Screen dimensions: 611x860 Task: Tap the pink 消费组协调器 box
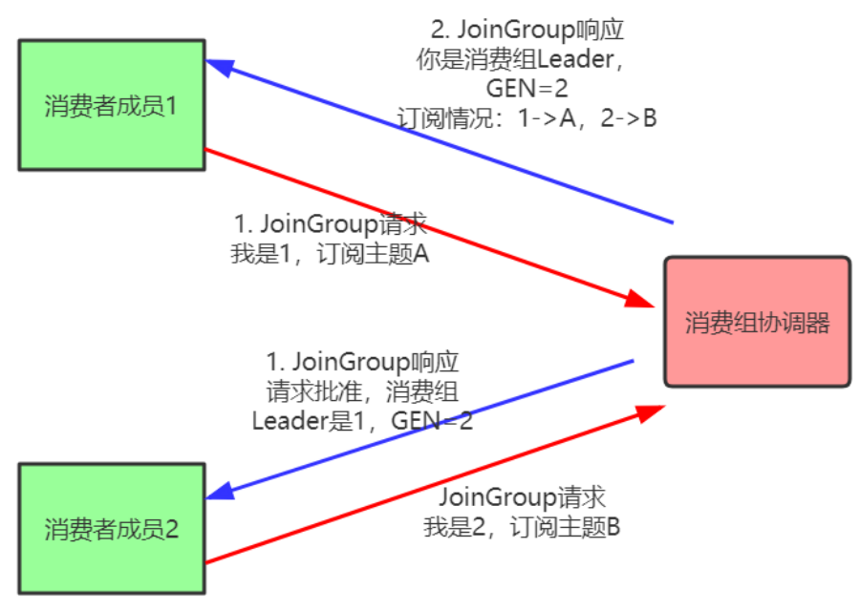(x=757, y=322)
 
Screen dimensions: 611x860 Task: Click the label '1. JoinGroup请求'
(x=331, y=226)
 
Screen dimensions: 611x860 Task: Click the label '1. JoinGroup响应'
(x=363, y=363)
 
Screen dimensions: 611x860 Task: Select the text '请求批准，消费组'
(x=363, y=391)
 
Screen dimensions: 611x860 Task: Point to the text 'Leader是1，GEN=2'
(x=363, y=421)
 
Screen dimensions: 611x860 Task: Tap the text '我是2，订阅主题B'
(x=523, y=527)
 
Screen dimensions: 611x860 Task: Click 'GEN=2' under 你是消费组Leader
(x=523, y=90)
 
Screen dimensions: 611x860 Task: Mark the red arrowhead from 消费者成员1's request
(x=638, y=299)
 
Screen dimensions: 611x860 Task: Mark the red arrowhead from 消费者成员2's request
(x=650, y=411)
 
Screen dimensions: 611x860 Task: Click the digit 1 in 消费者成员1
(x=172, y=105)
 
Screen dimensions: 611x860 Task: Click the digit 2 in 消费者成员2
(x=172, y=528)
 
